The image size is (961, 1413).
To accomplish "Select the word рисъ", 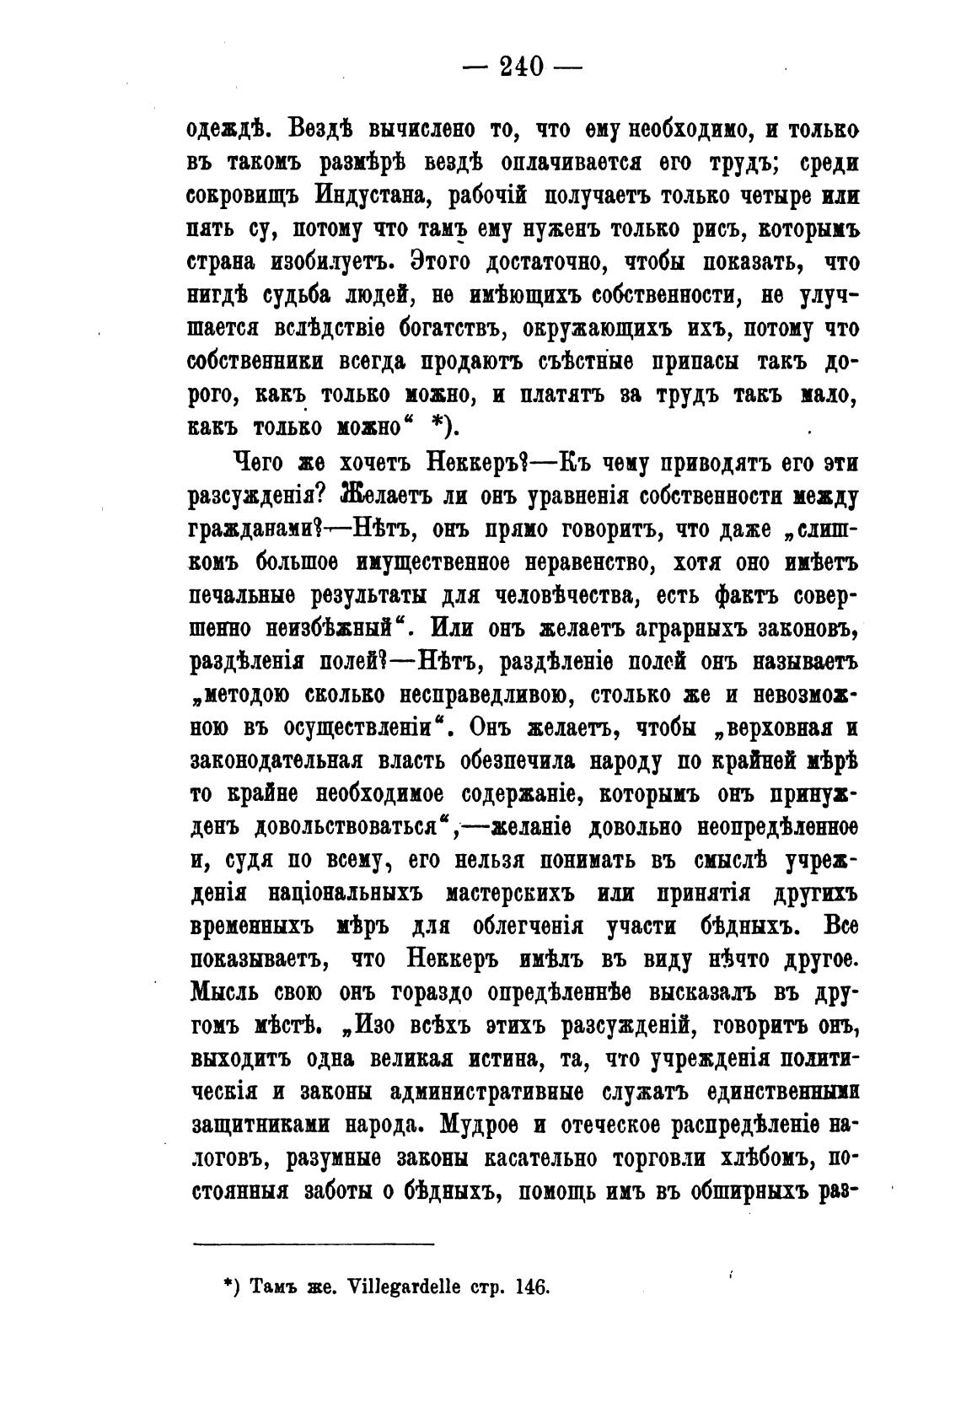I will click(x=720, y=229).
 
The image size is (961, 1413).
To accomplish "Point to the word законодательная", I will click(x=276, y=760).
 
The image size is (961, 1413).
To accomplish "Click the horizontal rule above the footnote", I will click(x=314, y=1243).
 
